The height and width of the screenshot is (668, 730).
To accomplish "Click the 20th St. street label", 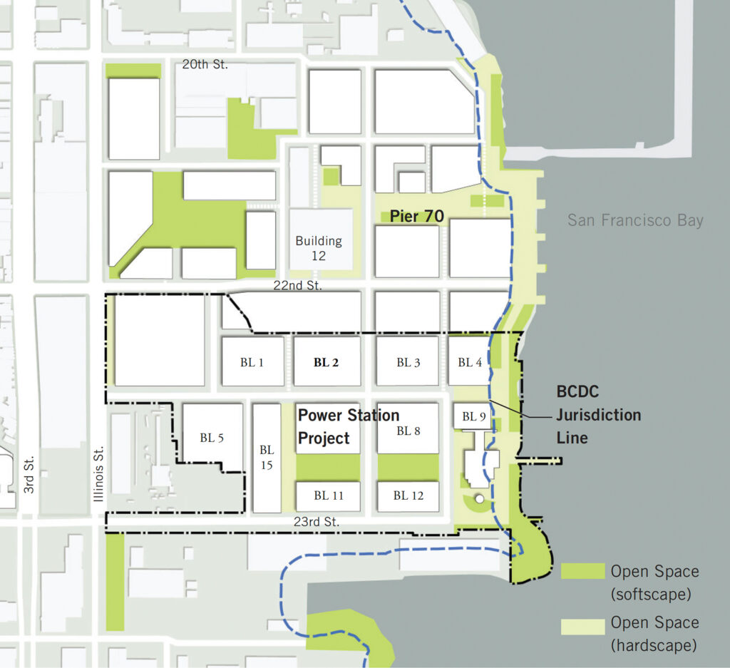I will (205, 64).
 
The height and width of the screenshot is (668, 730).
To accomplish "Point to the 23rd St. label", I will (317, 522).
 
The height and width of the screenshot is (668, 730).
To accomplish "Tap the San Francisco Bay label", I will (635, 220).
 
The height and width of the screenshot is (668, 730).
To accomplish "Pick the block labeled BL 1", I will (252, 361).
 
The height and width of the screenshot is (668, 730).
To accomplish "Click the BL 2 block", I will (327, 361).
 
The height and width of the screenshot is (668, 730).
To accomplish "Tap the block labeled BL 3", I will (408, 361).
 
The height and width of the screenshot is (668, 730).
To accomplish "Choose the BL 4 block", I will (470, 361).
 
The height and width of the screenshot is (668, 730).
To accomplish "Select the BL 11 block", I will (327, 495).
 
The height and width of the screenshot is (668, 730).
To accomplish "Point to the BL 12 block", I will (408, 495).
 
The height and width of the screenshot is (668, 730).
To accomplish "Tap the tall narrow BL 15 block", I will (267, 458).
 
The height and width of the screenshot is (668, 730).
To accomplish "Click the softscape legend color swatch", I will (582, 571).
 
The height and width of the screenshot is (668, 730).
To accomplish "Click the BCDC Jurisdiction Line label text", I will (597, 414).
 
